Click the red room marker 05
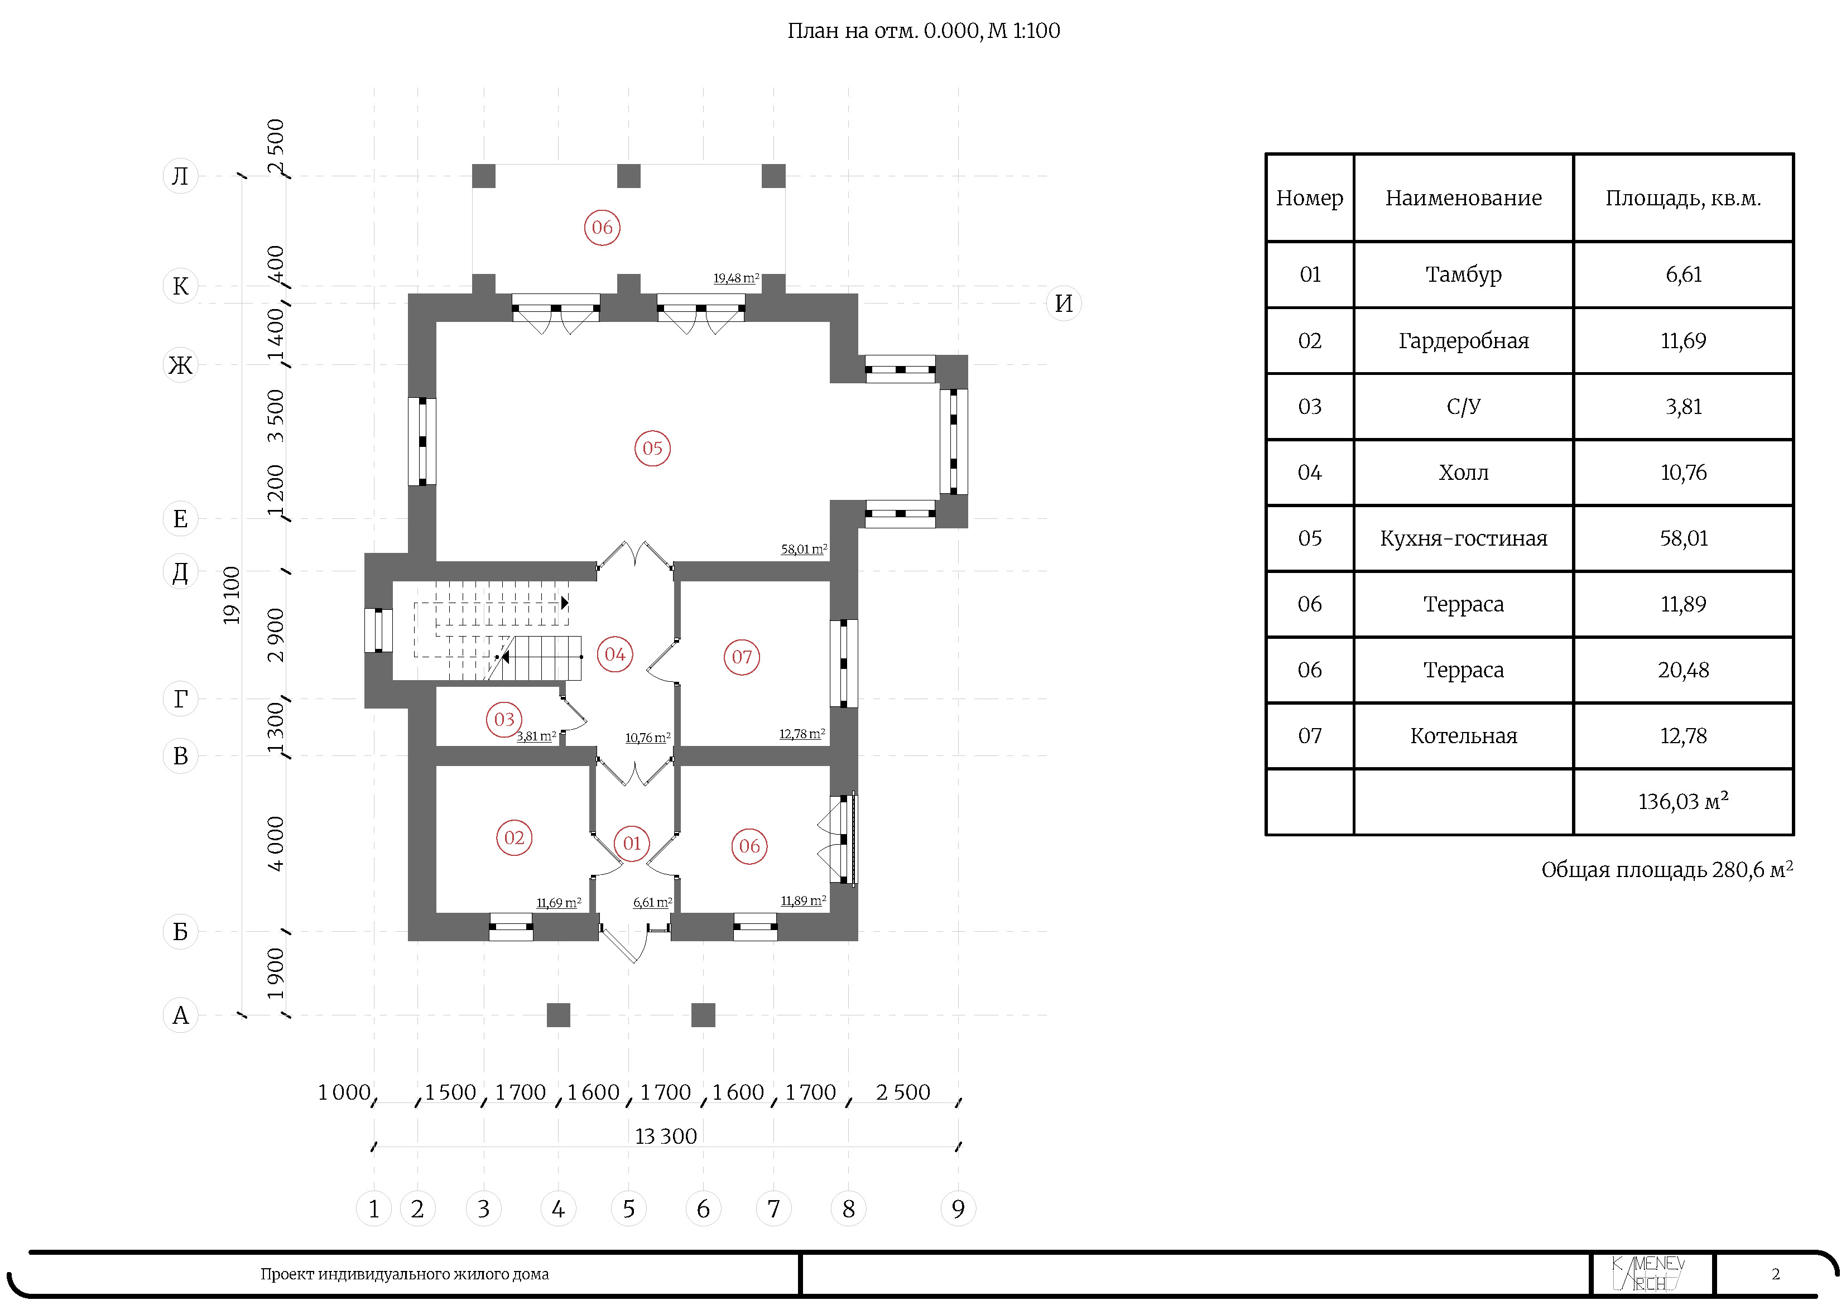pyautogui.click(x=652, y=449)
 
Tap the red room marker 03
pyautogui.click(x=504, y=720)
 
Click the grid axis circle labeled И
pyautogui.click(x=1063, y=304)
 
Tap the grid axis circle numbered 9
pyautogui.click(x=958, y=1208)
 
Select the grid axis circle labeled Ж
pyautogui.click(x=181, y=365)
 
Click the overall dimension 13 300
pyautogui.click(x=666, y=1136)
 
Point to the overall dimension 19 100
pyautogui.click(x=232, y=596)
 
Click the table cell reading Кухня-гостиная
pyautogui.click(x=1463, y=539)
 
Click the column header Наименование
pyautogui.click(x=1463, y=199)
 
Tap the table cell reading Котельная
pyautogui.click(x=1463, y=736)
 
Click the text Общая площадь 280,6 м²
pyautogui.click(x=1667, y=870)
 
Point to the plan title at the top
pyautogui.click(x=923, y=31)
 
